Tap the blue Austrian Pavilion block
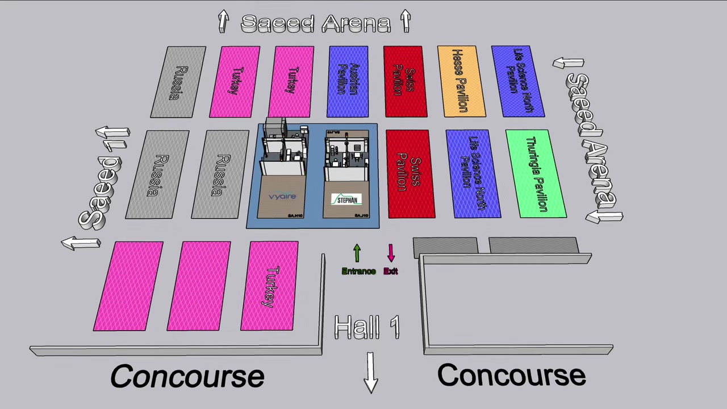[348, 82]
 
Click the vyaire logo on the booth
[282, 197]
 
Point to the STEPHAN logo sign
[346, 199]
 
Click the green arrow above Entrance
[357, 253]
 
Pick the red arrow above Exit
[391, 253]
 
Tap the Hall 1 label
[367, 327]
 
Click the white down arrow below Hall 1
[370, 372]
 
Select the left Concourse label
[187, 376]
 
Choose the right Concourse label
[511, 375]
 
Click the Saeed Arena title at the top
[316, 23]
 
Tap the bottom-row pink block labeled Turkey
[270, 286]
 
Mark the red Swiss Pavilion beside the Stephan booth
[411, 174]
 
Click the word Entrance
[358, 272]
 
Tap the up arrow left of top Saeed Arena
[223, 22]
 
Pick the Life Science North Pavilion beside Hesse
[518, 82]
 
